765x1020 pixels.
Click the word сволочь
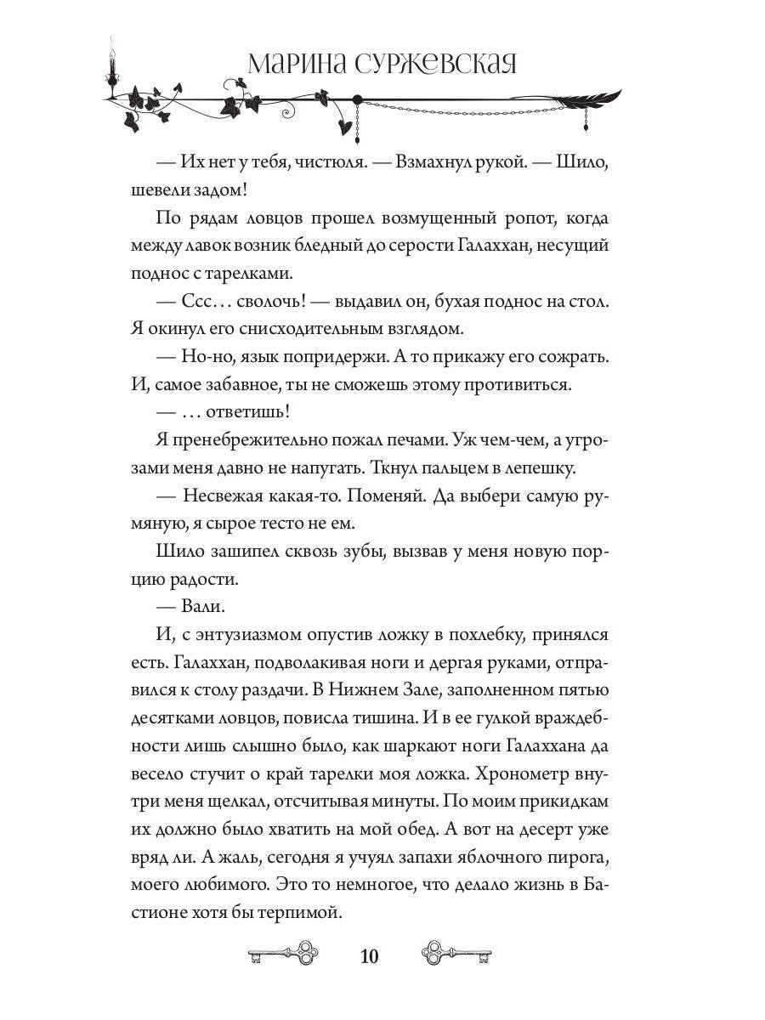point(252,303)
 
